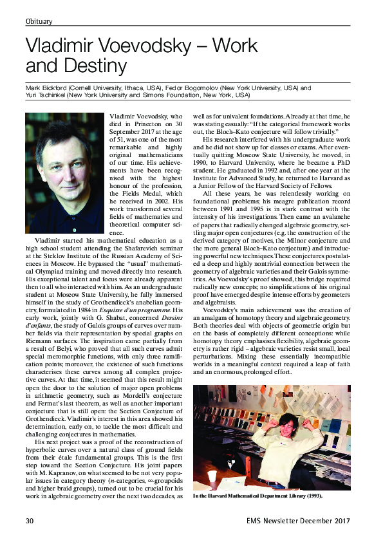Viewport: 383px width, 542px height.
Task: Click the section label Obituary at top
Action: pos(39,22)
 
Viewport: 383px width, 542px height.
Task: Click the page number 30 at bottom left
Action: pos(30,520)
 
